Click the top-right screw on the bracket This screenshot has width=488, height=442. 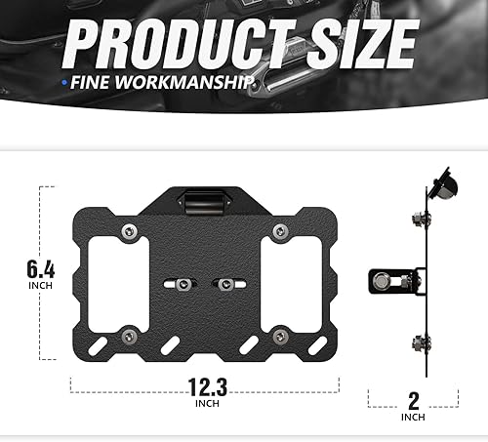pos(280,230)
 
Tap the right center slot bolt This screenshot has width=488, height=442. pos(224,285)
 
